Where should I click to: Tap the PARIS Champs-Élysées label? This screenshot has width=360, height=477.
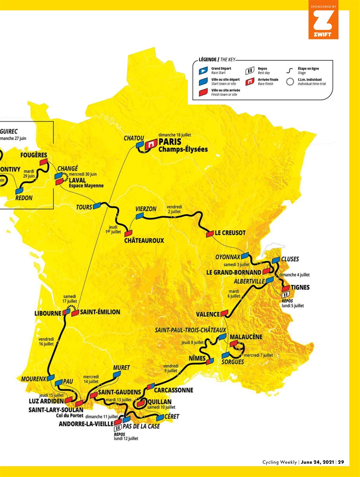click(183, 145)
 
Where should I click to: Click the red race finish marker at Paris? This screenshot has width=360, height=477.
click(151, 143)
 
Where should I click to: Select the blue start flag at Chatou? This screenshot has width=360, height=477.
click(140, 145)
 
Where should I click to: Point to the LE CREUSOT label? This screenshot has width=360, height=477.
click(230, 233)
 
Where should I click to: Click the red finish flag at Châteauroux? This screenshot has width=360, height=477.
click(129, 233)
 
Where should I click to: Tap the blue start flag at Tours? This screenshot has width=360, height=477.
click(97, 206)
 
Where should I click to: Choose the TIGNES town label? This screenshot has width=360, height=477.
click(300, 287)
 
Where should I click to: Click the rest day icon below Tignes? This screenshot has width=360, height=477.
click(286, 294)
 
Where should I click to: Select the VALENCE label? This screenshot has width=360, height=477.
click(208, 314)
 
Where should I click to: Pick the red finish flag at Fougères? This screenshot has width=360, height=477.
click(44, 162)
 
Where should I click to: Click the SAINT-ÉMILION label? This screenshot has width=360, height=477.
click(100, 312)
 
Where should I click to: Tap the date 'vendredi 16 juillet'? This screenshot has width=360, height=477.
click(46, 341)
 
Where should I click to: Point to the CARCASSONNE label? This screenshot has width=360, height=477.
click(173, 390)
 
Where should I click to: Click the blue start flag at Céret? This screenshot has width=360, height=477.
click(160, 418)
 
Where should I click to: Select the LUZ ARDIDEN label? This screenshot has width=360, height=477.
click(46, 401)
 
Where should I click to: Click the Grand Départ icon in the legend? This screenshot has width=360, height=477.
click(203, 71)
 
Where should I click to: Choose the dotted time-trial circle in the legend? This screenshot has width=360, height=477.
click(290, 82)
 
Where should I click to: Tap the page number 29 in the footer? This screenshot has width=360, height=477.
click(341, 462)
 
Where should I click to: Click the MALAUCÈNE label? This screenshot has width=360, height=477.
click(246, 337)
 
